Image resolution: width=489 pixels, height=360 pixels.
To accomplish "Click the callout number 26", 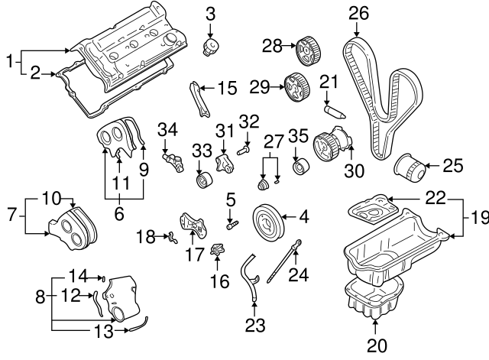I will click(x=358, y=12).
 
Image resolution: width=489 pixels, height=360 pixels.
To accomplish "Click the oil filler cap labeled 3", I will click(x=209, y=47).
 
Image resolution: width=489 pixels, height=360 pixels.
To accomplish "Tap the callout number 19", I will click(x=479, y=218).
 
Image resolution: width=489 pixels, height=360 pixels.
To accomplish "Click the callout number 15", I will click(x=227, y=89).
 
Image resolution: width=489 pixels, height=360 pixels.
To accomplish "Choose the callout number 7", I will click(x=10, y=216).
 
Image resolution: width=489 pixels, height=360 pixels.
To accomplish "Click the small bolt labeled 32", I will click(x=243, y=151).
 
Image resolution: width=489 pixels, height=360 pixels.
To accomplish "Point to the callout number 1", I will click(x=9, y=59).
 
